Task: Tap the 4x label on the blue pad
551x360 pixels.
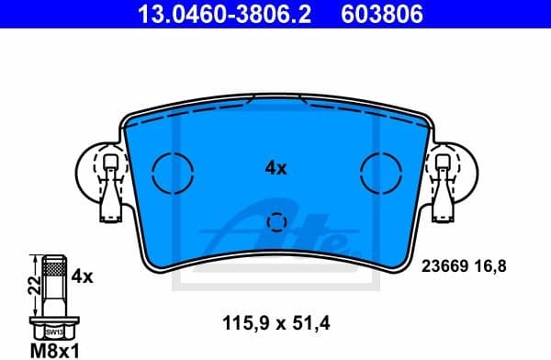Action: click(275, 168)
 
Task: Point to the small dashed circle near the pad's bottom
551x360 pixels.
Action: click(275, 222)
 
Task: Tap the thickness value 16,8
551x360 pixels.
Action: click(489, 267)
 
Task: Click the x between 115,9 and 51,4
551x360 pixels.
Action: click(277, 324)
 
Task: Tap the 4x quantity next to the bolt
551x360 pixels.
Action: click(83, 276)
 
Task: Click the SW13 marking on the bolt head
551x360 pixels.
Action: click(54, 331)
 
